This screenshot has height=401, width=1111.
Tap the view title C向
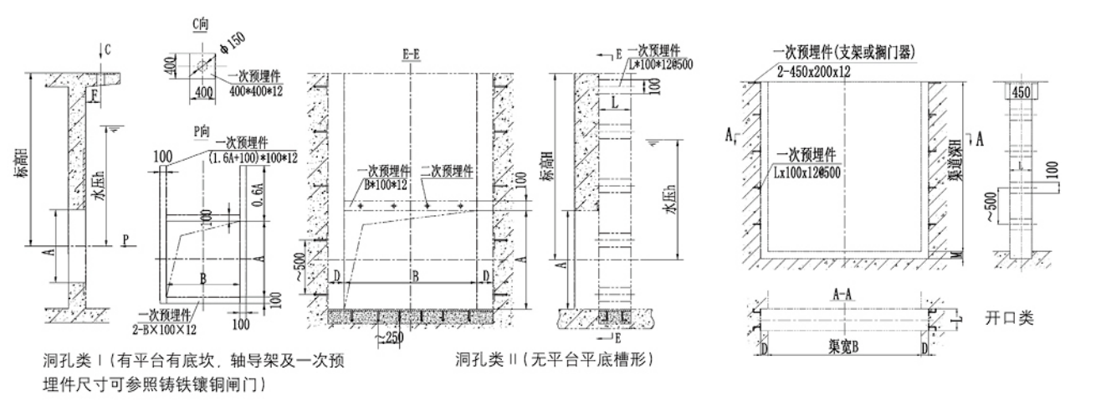pos(200,25)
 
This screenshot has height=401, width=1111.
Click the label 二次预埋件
pos(447,169)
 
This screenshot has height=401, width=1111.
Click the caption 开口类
pos(1009,318)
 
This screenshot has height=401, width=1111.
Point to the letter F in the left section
pos(96,95)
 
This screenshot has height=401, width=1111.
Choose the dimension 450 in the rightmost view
pos(1021,92)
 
